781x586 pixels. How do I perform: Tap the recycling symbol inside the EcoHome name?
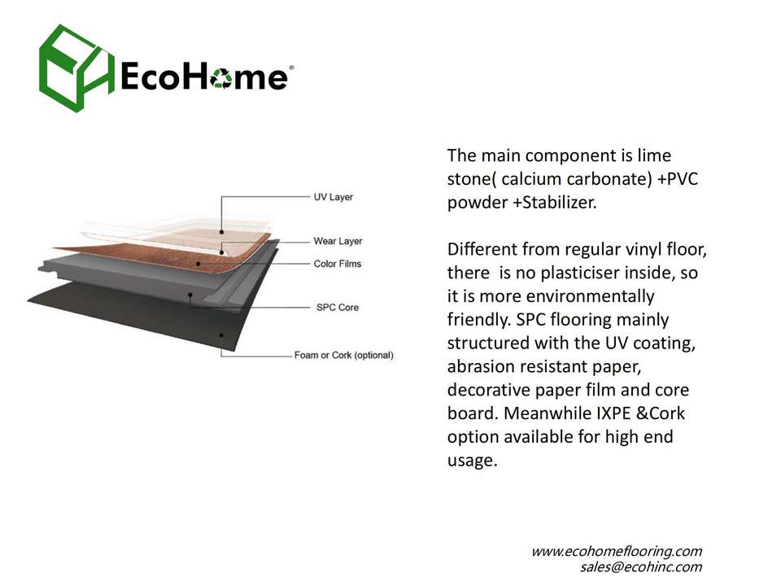221,78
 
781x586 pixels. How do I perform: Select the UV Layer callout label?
334,197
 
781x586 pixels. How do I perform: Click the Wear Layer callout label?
338,241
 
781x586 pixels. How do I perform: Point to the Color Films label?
337,264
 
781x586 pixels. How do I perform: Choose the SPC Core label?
337,308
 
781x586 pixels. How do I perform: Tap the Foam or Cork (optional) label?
343,356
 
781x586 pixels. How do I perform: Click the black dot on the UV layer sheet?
221,232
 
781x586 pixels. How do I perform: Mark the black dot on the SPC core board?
190,295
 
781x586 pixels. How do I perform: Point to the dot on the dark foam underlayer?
221,335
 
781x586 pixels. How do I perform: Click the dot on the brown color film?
199,264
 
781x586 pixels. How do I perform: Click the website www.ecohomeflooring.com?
617,552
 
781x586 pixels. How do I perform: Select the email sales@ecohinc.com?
641,567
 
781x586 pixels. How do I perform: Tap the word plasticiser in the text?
580,273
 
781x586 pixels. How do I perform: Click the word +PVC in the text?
678,179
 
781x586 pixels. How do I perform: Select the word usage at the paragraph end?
472,461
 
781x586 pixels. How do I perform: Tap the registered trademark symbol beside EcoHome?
291,68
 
